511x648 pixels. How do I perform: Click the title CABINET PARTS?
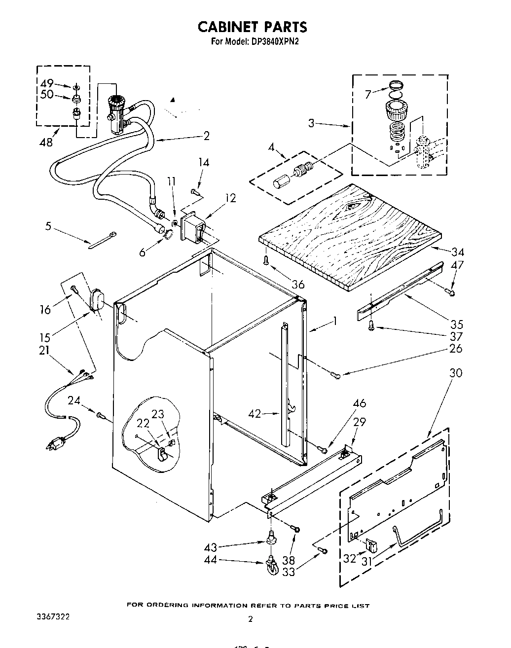click(253, 26)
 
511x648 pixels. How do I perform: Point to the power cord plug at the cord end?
click(55, 444)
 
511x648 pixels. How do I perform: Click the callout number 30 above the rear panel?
click(456, 373)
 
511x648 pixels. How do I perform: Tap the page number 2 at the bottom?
click(250, 619)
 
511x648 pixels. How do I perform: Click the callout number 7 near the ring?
click(367, 94)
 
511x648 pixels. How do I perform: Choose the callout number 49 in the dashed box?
click(46, 83)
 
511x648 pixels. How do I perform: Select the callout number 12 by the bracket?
click(230, 198)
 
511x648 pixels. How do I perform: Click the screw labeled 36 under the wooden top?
click(266, 260)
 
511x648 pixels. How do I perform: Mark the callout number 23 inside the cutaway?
click(158, 414)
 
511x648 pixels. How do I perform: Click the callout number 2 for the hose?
click(206, 136)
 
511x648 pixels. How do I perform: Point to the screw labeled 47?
click(451, 292)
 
